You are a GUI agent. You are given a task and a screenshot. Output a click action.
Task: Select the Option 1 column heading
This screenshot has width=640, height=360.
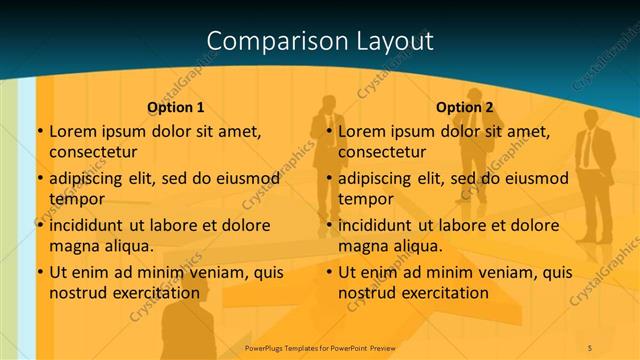coord(176,107)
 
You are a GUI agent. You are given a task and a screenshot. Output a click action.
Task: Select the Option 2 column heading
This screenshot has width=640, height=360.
coord(465,107)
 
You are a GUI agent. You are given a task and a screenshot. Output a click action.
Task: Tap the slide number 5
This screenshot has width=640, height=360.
coord(590,346)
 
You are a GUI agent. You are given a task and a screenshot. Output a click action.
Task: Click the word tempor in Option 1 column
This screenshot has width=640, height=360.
coord(77,198)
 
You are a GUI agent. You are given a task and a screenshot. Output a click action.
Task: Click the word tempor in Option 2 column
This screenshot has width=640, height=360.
coord(366,198)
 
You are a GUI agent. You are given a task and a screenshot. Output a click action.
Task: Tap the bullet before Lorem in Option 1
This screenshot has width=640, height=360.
coord(40,131)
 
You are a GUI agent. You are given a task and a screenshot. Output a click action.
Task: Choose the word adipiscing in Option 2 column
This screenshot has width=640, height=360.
coord(379,178)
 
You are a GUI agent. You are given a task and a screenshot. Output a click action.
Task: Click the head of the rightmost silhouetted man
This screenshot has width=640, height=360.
coord(590,112)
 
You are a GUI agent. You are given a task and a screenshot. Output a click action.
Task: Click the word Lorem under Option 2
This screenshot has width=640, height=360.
coord(360,131)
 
